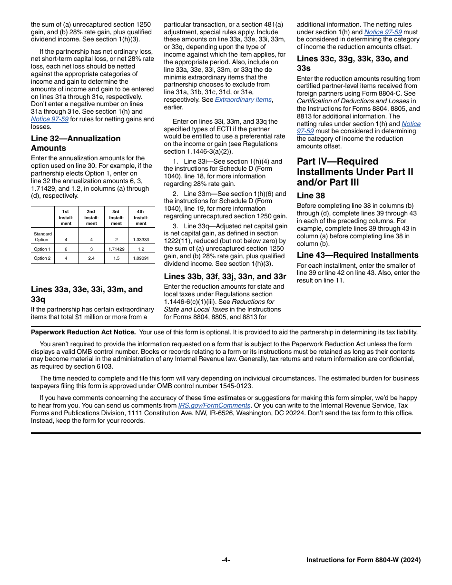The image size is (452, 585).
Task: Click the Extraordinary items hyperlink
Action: click(243, 99)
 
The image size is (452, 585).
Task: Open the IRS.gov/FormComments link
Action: click(214, 405)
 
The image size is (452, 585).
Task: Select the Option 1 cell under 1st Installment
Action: click(66, 249)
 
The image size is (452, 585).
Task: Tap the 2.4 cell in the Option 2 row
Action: click(91, 258)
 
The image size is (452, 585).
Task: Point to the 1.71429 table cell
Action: click(116, 249)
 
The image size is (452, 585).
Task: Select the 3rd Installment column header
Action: click(116, 217)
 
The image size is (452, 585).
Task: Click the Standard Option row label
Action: click(42, 237)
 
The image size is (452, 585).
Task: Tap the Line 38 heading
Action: click(311, 195)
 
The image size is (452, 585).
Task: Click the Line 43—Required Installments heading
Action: click(357, 255)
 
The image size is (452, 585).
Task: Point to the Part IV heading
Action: click(355, 172)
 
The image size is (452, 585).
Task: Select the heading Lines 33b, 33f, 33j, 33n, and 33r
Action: click(225, 276)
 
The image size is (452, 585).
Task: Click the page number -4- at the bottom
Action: click(226, 560)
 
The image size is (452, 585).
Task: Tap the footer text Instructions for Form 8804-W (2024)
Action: click(363, 560)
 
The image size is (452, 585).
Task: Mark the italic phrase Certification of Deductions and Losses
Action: click(353, 101)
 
